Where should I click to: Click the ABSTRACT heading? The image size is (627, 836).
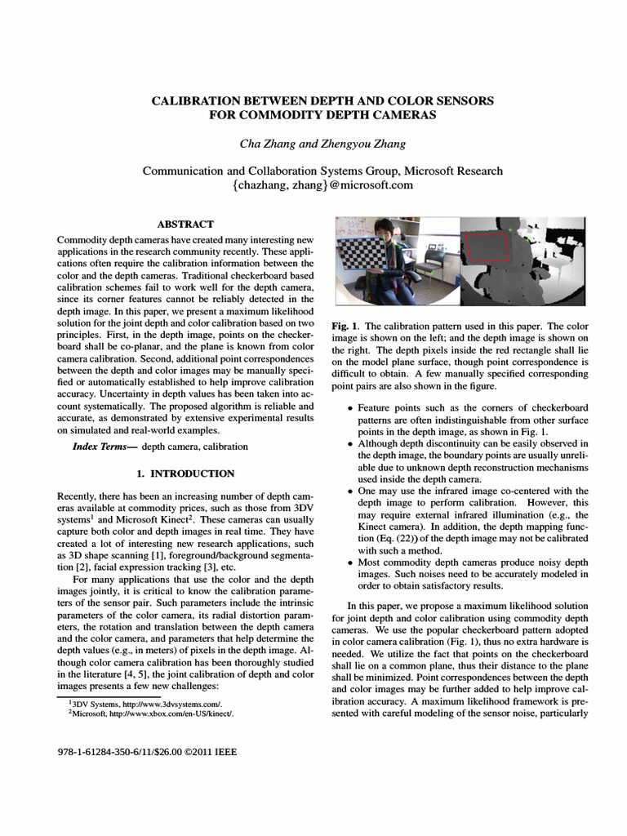(x=185, y=224)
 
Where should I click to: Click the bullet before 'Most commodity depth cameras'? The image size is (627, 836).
(x=351, y=563)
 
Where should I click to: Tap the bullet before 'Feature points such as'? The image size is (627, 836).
(x=351, y=408)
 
